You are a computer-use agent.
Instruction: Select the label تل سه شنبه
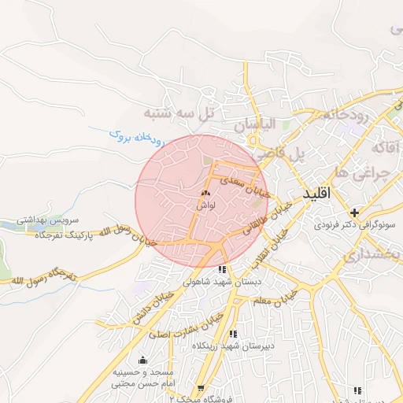(179, 113)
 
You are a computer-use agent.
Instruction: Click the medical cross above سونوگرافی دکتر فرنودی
(355, 212)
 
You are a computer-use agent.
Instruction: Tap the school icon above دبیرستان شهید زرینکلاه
(233, 335)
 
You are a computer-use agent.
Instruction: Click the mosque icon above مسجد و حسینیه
(142, 360)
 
